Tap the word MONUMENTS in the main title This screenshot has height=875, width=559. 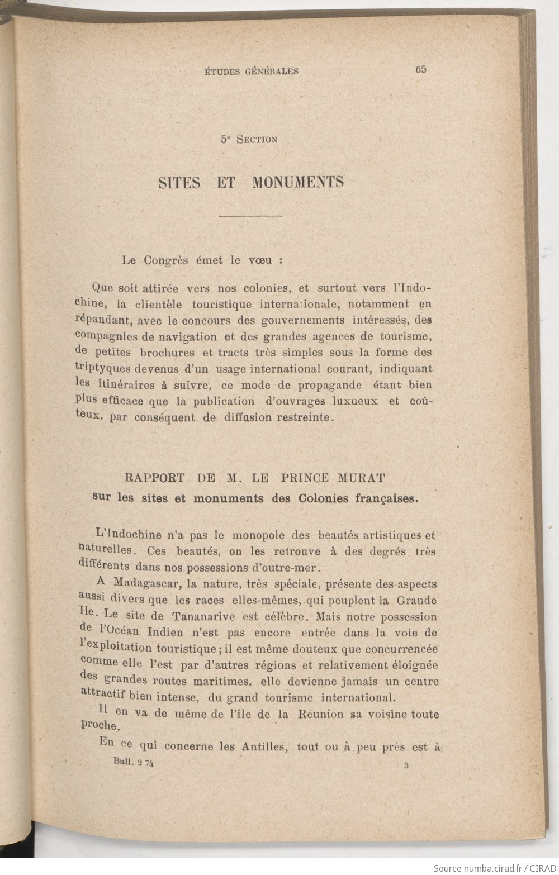(x=298, y=182)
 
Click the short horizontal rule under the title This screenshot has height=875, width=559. (x=250, y=216)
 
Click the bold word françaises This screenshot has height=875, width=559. (x=387, y=499)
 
